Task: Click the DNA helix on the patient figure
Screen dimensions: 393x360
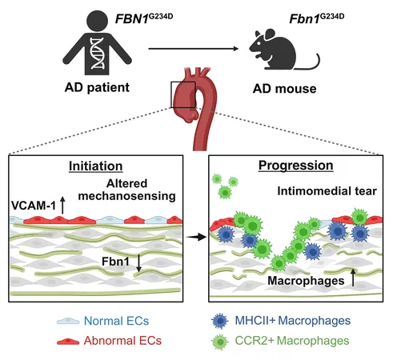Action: pyautogui.click(x=97, y=54)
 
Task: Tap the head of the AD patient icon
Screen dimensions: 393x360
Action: pyautogui.click(x=97, y=21)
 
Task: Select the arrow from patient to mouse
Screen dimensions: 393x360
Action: pyautogui.click(x=194, y=49)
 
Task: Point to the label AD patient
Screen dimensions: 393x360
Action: pyautogui.click(x=97, y=88)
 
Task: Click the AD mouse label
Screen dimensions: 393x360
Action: pyautogui.click(x=284, y=89)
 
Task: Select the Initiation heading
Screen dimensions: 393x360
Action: pyautogui.click(x=96, y=166)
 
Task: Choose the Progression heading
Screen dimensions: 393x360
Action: pyautogui.click(x=296, y=166)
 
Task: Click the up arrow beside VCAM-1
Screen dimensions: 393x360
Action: pyautogui.click(x=62, y=206)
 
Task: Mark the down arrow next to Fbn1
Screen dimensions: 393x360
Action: pyautogui.click(x=138, y=263)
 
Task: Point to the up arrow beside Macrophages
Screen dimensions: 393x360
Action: pyautogui.click(x=353, y=278)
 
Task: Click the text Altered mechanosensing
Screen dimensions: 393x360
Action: pyautogui.click(x=126, y=190)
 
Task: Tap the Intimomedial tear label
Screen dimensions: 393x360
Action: pyautogui.click(x=327, y=191)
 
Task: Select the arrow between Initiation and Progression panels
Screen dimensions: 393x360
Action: pyautogui.click(x=196, y=237)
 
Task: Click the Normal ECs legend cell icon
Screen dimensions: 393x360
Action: pyautogui.click(x=68, y=321)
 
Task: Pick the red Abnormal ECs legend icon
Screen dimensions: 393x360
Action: pyautogui.click(x=68, y=341)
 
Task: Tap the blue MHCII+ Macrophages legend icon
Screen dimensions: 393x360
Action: pyautogui.click(x=220, y=321)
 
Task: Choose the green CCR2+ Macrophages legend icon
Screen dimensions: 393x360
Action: pyautogui.click(x=220, y=342)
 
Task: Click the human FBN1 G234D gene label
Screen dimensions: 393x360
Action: pyautogui.click(x=144, y=18)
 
